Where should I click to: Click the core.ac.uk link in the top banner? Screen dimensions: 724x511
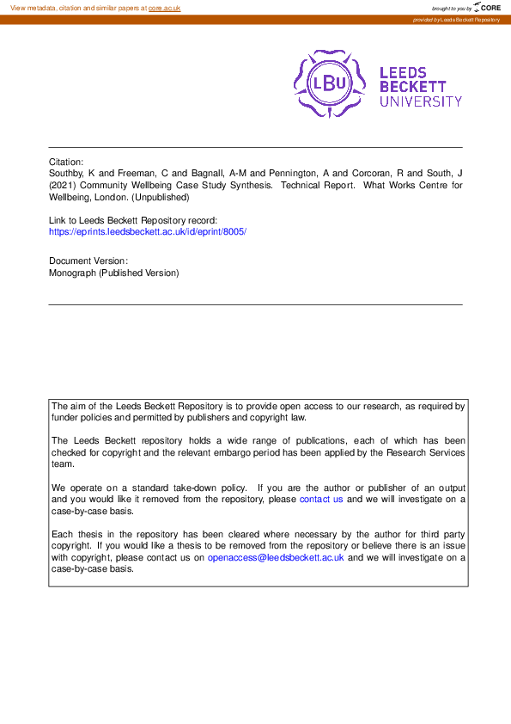pos(164,7)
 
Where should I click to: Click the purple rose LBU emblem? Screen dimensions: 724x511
pos(330,83)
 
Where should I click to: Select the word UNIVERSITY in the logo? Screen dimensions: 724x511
pos(421,101)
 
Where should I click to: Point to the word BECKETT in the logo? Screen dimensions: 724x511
pos(413,87)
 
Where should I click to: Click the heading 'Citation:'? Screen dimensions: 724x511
pos(66,162)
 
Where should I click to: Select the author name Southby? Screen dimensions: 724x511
pos(70,173)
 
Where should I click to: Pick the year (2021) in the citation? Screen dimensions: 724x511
pos(64,184)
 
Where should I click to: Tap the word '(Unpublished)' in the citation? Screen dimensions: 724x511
pos(162,196)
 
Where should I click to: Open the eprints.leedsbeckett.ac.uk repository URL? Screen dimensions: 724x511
pos(148,231)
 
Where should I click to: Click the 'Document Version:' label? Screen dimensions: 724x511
pos(88,261)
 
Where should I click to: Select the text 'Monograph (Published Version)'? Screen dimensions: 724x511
pos(113,273)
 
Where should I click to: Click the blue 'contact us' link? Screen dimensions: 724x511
pos(321,499)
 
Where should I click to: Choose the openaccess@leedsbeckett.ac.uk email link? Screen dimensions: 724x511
pos(276,557)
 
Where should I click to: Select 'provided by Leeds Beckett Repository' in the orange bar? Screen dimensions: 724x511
pos(456,20)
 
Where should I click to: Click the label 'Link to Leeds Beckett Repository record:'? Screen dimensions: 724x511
pos(132,220)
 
